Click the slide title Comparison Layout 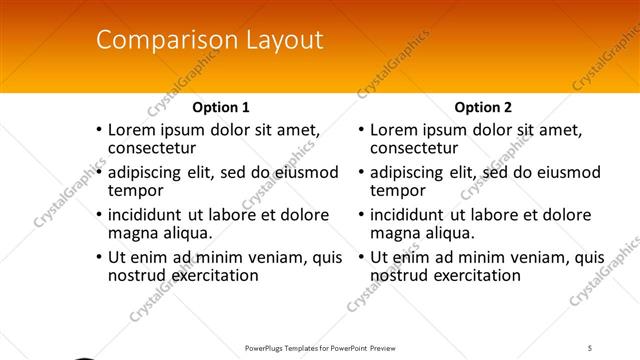[209, 40]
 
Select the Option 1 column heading [220, 107]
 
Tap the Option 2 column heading [483, 107]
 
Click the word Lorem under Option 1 [131, 129]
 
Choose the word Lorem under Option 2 [394, 129]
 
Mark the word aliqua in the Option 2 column [451, 233]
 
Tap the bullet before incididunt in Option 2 [361, 215]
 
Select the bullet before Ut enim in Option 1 [98, 257]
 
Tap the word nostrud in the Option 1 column [135, 275]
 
